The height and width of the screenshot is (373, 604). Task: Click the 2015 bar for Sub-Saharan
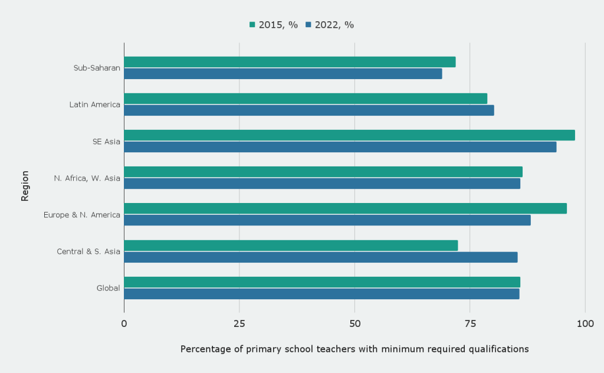[x=290, y=62]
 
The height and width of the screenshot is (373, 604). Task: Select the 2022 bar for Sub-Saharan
[x=283, y=74]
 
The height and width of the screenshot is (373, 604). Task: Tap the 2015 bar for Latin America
[x=306, y=99]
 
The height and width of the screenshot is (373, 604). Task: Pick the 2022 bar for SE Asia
[x=340, y=147]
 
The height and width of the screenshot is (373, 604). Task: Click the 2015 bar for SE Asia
[x=349, y=135]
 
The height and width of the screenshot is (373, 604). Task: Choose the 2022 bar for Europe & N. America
[x=327, y=220]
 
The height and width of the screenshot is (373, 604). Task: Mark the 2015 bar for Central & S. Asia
[x=291, y=246]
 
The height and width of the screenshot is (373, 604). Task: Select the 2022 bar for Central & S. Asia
[x=320, y=257]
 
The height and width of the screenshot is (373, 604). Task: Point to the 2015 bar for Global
[x=322, y=282]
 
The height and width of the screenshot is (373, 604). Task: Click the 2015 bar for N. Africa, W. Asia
[x=323, y=172]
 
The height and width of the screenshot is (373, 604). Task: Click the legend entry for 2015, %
[x=274, y=25]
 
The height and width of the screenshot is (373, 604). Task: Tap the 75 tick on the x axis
[x=470, y=323]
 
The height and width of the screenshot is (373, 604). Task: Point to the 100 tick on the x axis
[x=585, y=323]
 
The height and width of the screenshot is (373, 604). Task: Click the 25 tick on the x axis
[x=239, y=323]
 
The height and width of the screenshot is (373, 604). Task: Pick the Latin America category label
[x=94, y=105]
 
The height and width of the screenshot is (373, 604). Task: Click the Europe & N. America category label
[x=81, y=215]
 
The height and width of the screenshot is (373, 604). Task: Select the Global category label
[x=108, y=288]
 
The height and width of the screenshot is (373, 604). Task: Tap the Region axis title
[x=25, y=186]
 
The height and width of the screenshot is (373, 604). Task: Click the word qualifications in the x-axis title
[x=498, y=349]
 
